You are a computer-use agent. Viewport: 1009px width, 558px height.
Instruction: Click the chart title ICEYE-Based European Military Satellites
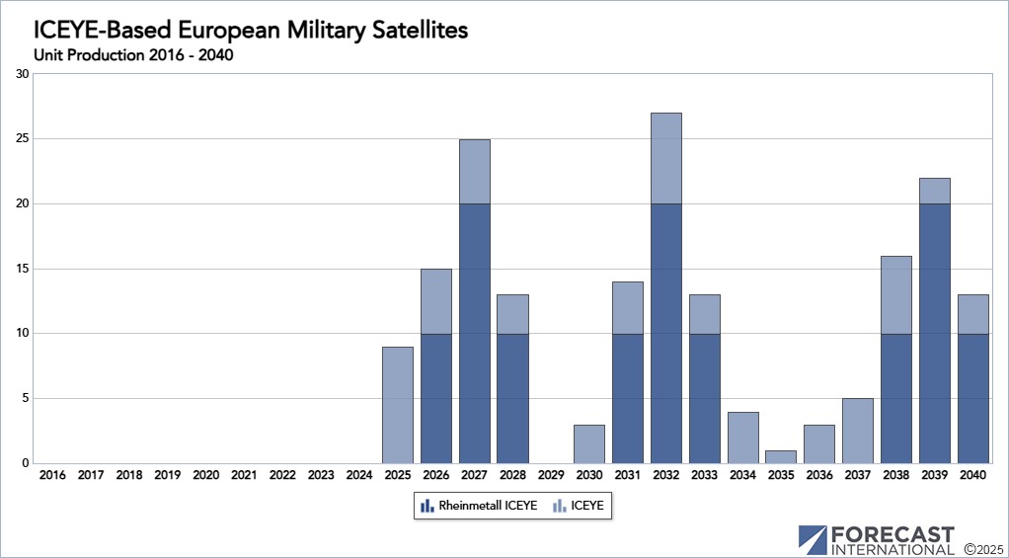(251, 31)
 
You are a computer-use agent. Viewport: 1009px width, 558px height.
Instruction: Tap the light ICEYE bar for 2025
(398, 405)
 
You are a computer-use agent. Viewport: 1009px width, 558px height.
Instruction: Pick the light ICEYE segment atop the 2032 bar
(666, 158)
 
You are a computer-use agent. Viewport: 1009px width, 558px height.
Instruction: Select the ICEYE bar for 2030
(589, 443)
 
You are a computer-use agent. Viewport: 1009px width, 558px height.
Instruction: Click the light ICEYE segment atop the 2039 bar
(934, 191)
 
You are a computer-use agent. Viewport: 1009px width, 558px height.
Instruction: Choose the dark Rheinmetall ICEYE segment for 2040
(972, 398)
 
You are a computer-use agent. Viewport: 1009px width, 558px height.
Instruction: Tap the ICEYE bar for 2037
(858, 431)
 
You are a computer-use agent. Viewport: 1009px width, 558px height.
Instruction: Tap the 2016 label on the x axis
(52, 475)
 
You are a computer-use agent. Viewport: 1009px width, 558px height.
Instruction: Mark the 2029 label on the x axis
(551, 475)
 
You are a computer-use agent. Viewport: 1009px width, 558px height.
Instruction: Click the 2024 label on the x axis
(359, 475)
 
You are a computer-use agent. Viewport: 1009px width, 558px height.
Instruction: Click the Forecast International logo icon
(813, 539)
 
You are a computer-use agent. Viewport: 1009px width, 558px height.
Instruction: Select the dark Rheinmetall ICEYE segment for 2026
(436, 398)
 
